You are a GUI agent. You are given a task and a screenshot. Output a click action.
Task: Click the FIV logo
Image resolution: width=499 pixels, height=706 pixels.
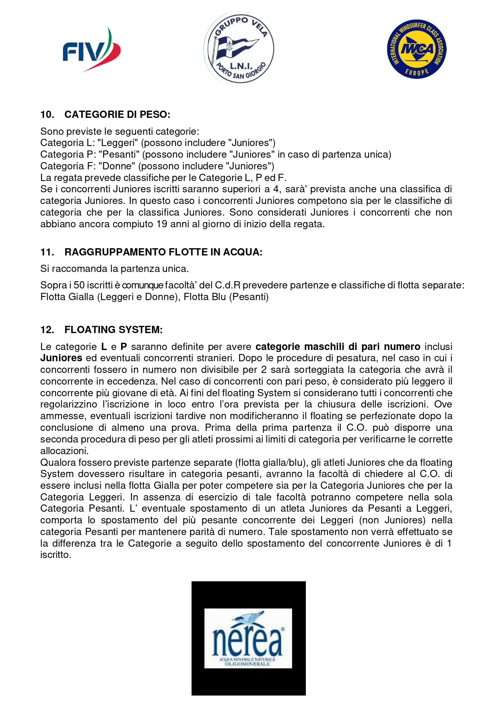tap(92, 50)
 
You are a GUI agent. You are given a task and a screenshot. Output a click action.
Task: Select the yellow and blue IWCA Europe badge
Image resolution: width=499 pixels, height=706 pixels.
tap(417, 49)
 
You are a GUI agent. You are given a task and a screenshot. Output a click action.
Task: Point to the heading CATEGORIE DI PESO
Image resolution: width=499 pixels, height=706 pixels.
tap(117, 115)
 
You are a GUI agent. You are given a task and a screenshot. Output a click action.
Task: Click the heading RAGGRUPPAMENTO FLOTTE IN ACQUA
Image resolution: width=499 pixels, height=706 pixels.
tap(163, 252)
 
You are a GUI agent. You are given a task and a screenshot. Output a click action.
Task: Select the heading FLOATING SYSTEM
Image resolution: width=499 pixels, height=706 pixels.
tap(113, 330)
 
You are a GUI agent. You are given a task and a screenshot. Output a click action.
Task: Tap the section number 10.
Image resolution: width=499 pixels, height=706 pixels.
tap(47, 115)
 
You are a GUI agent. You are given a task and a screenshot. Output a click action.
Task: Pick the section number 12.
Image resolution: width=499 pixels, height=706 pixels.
tap(47, 330)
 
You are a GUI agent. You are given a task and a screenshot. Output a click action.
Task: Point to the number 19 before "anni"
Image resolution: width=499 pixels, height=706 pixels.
tap(162, 224)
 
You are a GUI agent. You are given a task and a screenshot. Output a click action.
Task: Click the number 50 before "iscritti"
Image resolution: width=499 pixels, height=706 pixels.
tap(79, 285)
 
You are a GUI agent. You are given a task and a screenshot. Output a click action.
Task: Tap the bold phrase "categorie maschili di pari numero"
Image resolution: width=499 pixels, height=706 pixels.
tap(338, 347)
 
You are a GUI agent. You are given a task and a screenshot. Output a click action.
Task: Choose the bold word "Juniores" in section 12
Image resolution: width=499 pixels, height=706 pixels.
tap(61, 358)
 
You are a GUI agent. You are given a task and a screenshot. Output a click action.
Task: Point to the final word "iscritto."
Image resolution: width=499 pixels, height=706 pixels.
tap(56, 555)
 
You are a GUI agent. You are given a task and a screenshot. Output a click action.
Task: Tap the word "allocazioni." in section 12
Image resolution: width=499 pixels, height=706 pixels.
tap(64, 451)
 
